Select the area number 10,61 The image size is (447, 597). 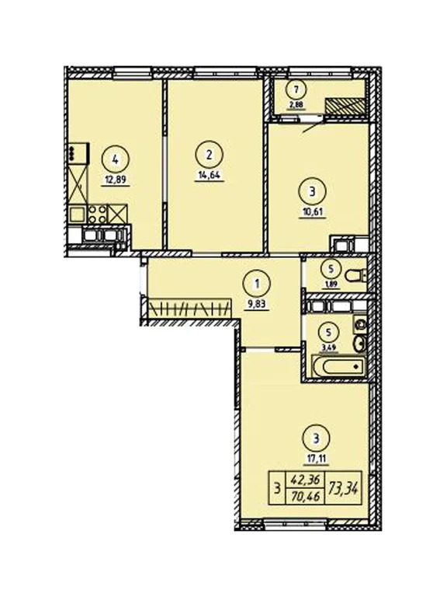[310, 210]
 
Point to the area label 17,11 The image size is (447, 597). [311, 459]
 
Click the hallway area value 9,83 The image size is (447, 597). [255, 305]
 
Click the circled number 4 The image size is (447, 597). [116, 161]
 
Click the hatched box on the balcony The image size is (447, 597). [344, 104]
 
